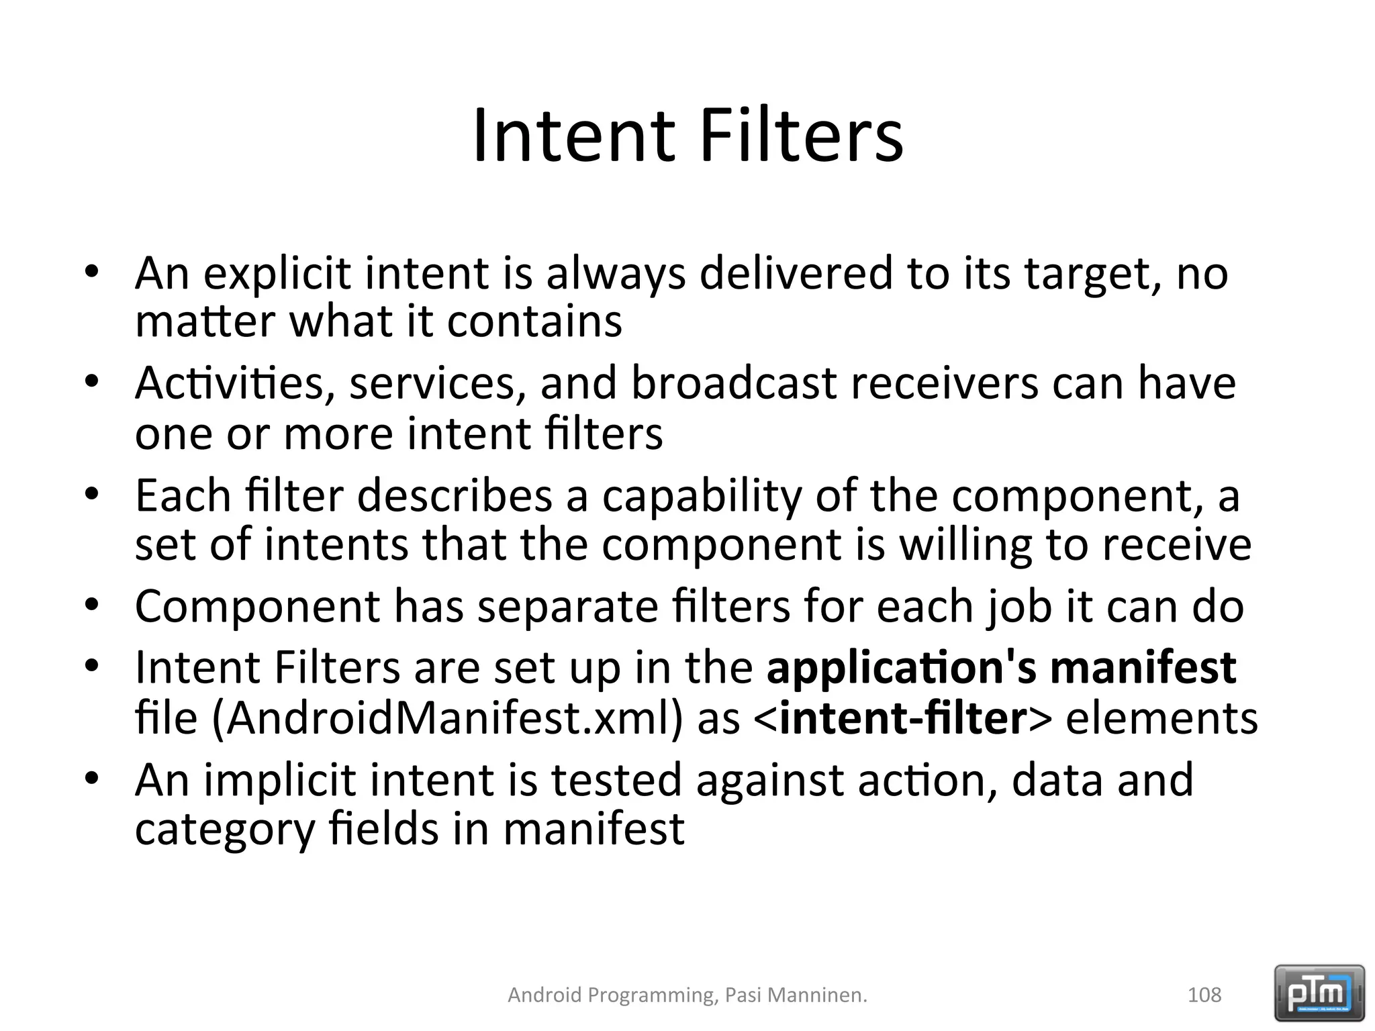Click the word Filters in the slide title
[x=801, y=138]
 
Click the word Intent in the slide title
[x=573, y=138]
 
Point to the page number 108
[x=1204, y=995]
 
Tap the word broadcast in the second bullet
[x=734, y=384]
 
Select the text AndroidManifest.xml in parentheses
[x=444, y=718]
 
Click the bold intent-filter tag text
[x=903, y=718]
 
